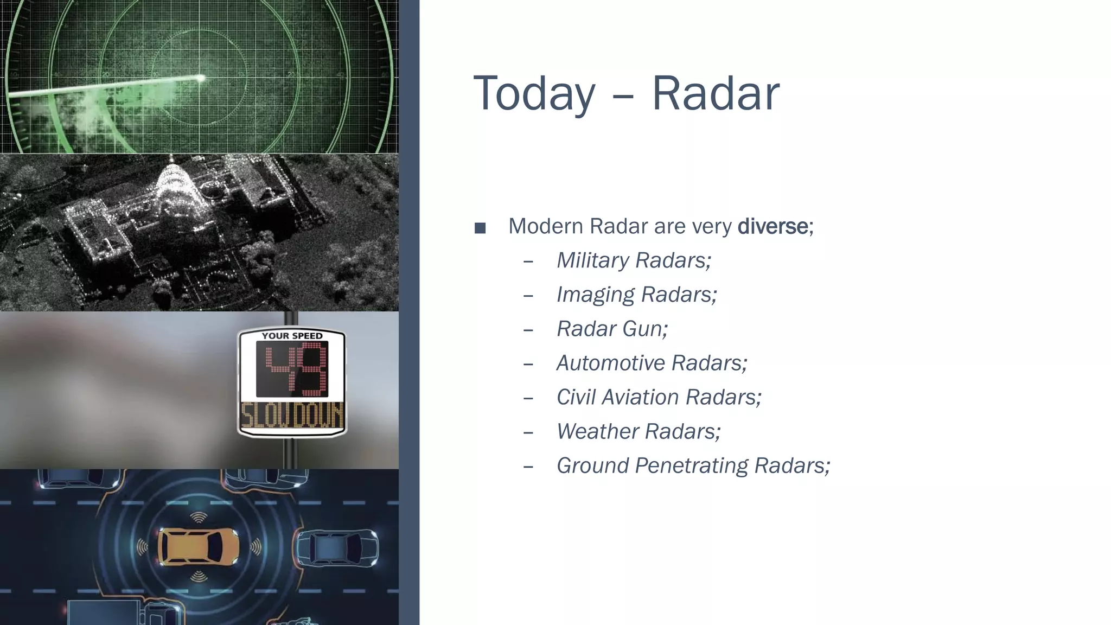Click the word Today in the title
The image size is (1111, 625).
pyautogui.click(x=534, y=93)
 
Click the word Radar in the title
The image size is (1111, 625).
pyautogui.click(x=715, y=93)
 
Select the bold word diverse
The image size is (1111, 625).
pyautogui.click(x=772, y=226)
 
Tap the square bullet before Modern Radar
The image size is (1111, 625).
pyautogui.click(x=480, y=227)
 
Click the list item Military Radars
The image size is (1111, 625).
pyautogui.click(x=634, y=260)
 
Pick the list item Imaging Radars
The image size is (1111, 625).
pyautogui.click(x=637, y=295)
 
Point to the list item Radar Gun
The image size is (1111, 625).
pyautogui.click(x=612, y=329)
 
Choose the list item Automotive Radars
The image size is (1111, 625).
pyautogui.click(x=652, y=363)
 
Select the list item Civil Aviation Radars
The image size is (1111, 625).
pyautogui.click(x=659, y=397)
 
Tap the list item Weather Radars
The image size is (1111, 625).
pyautogui.click(x=638, y=431)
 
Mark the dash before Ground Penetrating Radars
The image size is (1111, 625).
pyautogui.click(x=528, y=467)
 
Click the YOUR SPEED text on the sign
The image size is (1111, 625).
pyautogui.click(x=292, y=336)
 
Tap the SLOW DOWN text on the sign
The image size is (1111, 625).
pyautogui.click(x=292, y=417)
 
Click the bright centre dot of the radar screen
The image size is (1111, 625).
pyautogui.click(x=201, y=79)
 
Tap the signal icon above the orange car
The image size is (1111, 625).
pyautogui.click(x=199, y=517)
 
